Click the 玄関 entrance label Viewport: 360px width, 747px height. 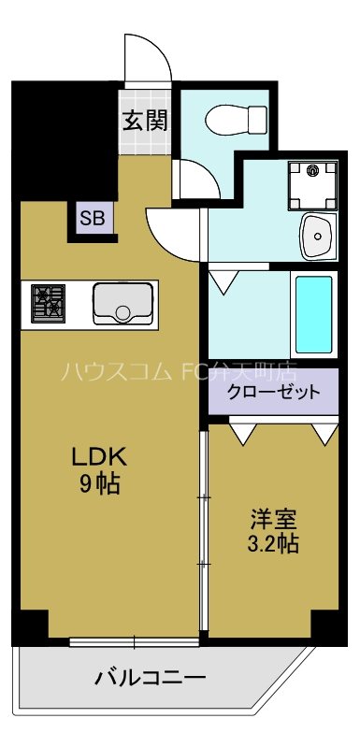click(144, 120)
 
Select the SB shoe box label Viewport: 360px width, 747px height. click(93, 220)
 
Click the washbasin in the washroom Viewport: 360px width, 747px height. click(318, 237)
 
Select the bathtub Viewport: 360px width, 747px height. click(313, 314)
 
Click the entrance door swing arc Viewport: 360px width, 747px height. click(151, 61)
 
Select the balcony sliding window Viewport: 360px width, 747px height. click(134, 641)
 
